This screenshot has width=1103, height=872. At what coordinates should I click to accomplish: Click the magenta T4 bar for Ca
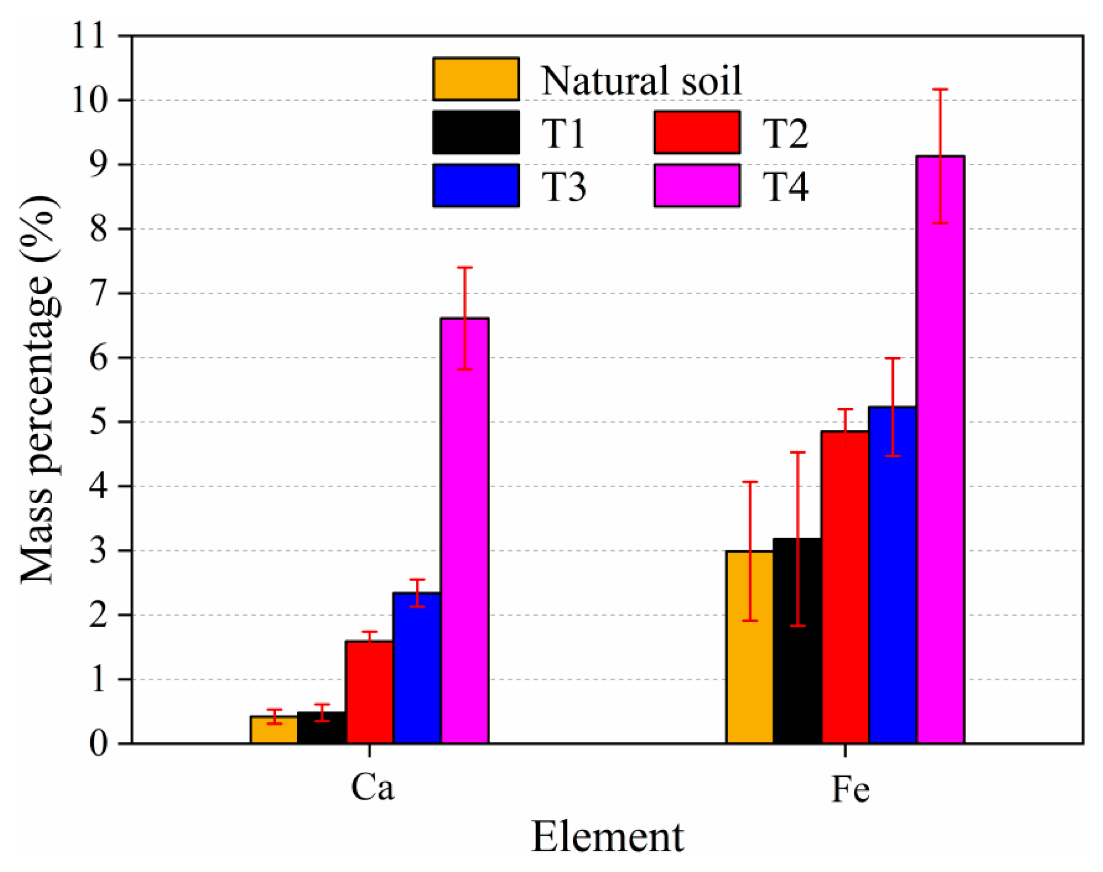click(465, 531)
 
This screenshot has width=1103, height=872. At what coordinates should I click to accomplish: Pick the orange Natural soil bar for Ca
click(274, 730)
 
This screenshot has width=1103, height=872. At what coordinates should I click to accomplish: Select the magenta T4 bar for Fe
click(940, 449)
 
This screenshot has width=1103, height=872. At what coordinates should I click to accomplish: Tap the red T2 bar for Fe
click(845, 587)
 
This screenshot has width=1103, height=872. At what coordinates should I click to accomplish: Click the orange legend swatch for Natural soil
click(476, 79)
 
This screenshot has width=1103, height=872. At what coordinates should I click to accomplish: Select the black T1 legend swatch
click(476, 132)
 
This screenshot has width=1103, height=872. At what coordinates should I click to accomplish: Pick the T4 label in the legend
click(785, 187)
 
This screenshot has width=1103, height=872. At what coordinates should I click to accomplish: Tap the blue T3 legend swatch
click(476, 185)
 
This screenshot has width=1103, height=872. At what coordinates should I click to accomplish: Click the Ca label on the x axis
click(372, 788)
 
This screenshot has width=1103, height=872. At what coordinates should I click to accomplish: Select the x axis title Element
click(607, 837)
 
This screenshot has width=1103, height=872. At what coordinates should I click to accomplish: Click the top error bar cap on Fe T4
click(940, 89)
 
